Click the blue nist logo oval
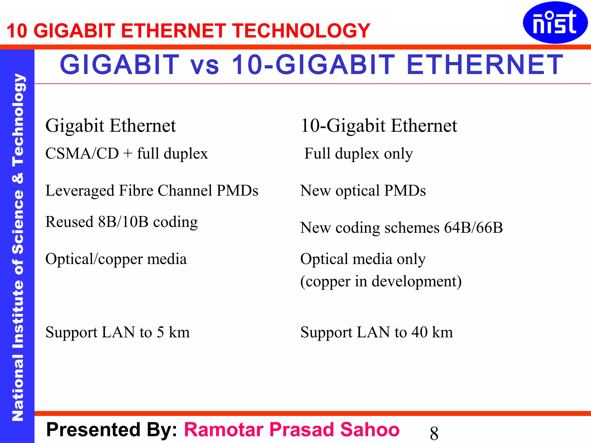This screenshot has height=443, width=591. click(555, 22)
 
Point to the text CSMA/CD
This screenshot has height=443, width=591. click(82, 153)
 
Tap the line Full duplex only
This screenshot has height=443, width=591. click(358, 153)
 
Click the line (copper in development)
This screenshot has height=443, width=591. click(381, 281)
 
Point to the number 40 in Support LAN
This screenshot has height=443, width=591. click(419, 332)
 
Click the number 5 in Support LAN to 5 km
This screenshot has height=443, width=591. click(160, 332)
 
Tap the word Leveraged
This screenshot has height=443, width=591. click(80, 191)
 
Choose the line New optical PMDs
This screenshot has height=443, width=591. click(363, 191)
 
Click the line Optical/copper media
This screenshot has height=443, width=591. click(116, 259)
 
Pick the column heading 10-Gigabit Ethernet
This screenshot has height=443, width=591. click(379, 126)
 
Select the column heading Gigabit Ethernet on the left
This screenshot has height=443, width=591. click(111, 126)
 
